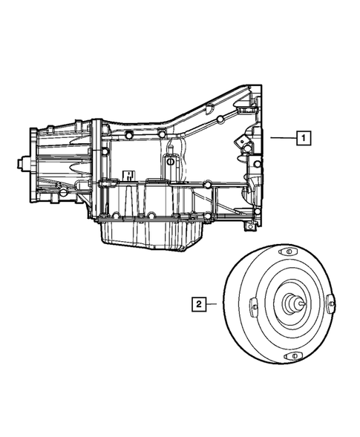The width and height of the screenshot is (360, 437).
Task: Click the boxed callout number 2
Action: point(198,303)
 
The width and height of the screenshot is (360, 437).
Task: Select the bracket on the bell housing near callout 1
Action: point(242,139)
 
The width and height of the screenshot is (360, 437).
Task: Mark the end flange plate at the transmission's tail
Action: point(32,162)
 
